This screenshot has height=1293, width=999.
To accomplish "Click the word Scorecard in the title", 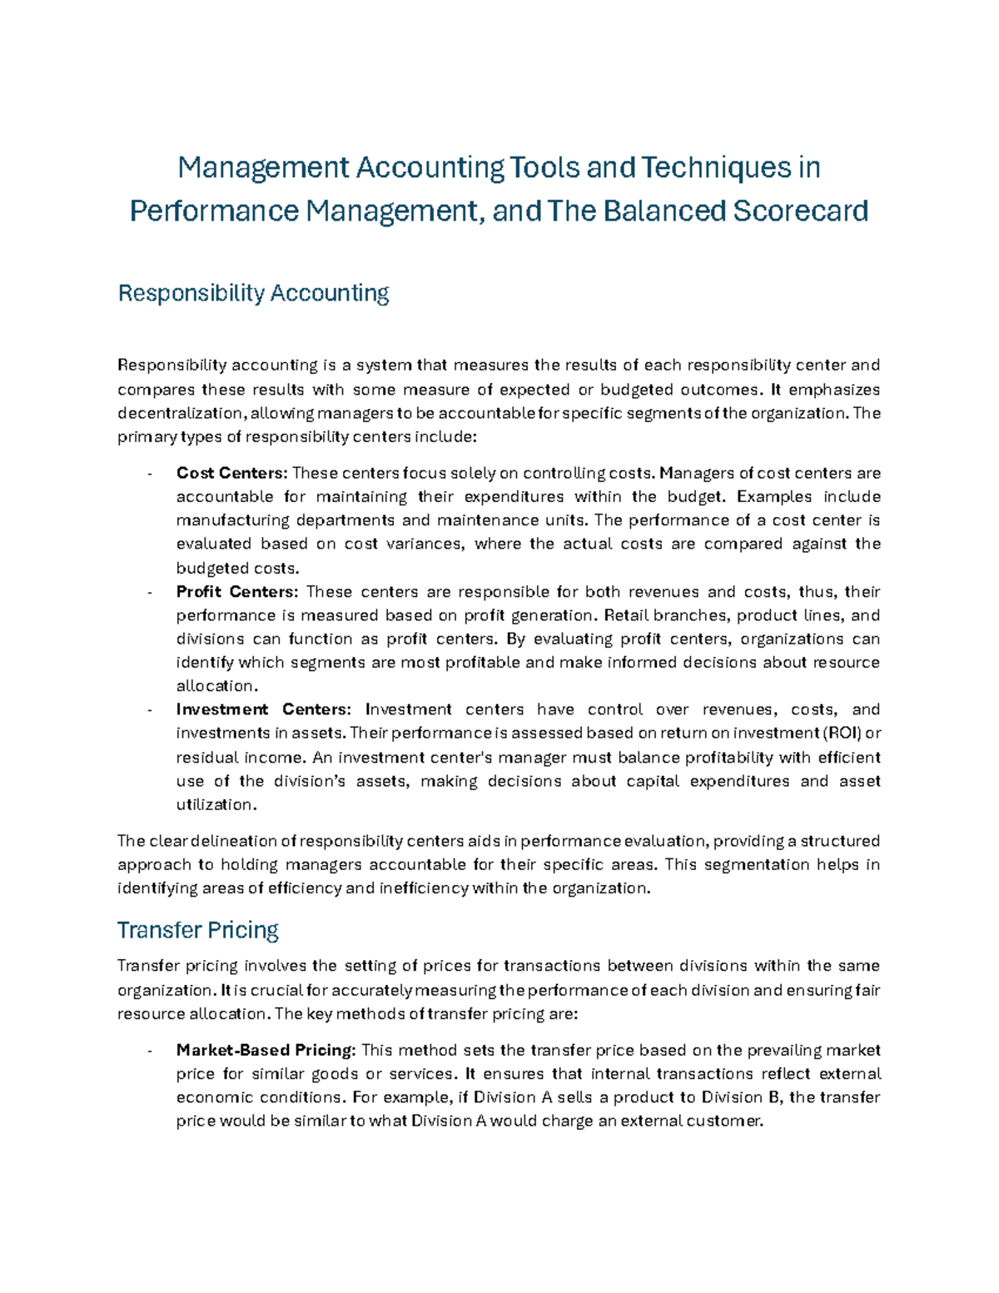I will (800, 211).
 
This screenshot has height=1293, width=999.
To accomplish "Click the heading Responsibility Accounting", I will (254, 293).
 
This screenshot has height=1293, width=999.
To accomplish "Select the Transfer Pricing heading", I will (198, 929).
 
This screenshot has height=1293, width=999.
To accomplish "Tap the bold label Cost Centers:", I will (231, 473).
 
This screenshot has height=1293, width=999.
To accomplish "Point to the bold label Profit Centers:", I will (236, 592).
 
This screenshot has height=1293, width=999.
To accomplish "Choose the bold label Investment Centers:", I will (264, 709).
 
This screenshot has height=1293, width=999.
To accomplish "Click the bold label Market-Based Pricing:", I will (266, 1050).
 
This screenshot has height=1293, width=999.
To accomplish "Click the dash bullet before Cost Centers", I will (149, 474).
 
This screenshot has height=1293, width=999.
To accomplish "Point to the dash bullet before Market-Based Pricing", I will (149, 1051).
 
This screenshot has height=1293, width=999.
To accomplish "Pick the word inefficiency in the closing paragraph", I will (424, 888).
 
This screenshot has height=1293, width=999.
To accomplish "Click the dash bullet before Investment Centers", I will (149, 710).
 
